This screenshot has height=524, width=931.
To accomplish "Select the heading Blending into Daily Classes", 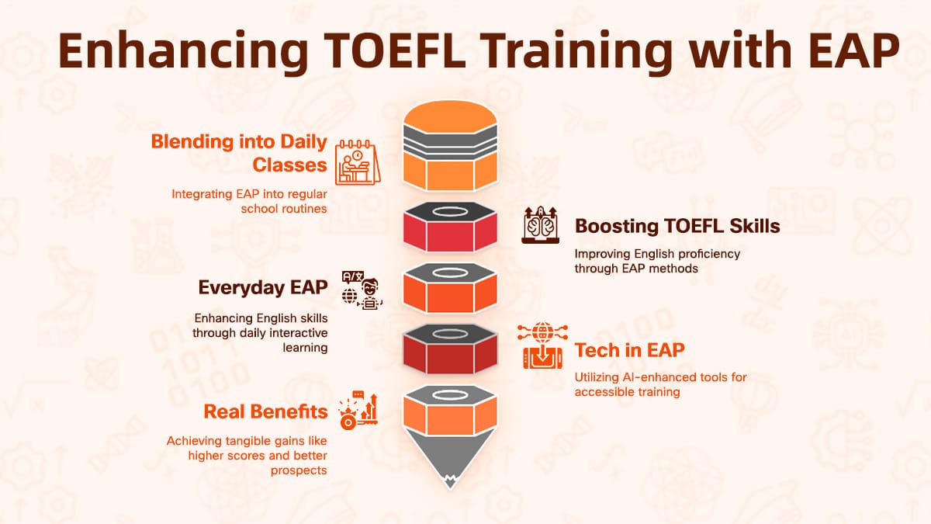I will pyautogui.click(x=239, y=153).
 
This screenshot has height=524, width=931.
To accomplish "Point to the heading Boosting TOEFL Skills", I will pyautogui.click(x=677, y=226).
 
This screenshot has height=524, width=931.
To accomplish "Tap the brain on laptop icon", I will pyautogui.click(x=541, y=225).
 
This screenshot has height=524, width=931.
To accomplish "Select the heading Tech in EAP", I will pyautogui.click(x=630, y=350).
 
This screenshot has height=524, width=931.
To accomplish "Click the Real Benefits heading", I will pyautogui.click(x=265, y=411).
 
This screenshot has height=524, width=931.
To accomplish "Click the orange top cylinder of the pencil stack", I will pyautogui.click(x=451, y=147).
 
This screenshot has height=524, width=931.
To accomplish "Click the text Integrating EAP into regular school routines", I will pyautogui.click(x=248, y=201).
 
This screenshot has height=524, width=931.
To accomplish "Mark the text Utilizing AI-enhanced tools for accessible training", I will pyautogui.click(x=660, y=384).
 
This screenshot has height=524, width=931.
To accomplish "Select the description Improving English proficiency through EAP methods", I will pyautogui.click(x=657, y=261).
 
